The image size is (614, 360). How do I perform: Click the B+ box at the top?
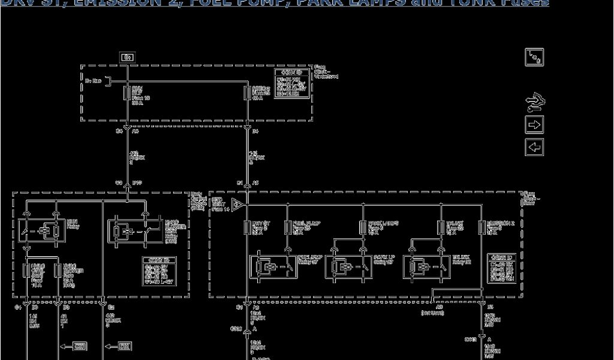(127, 58)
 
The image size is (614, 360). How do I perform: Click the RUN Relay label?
(73, 224)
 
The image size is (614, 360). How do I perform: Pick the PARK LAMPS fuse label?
(383, 226)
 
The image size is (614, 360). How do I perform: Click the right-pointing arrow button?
(534, 125)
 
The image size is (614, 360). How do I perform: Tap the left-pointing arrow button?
(534, 146)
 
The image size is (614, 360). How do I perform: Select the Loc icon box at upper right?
(534, 58)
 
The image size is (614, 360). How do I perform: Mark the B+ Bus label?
(93, 79)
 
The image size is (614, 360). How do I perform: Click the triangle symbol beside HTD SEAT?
(237, 205)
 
